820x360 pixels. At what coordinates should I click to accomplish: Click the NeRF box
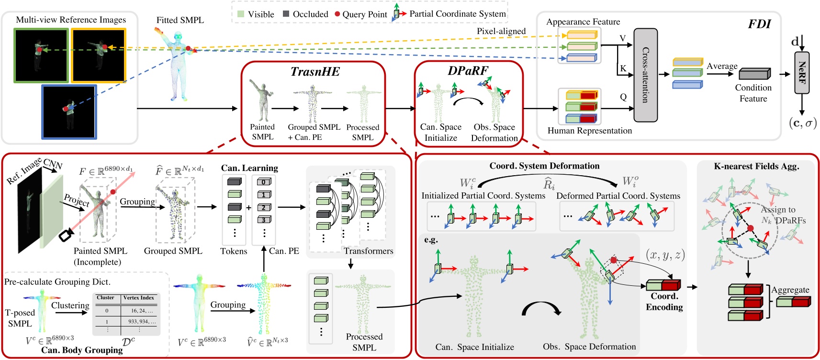802,73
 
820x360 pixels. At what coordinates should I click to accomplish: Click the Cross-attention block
645,75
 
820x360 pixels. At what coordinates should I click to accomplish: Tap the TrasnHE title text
315,72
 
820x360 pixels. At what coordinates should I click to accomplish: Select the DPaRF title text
468,71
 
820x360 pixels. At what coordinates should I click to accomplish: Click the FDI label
759,24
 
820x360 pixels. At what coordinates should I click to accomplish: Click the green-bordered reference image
41,56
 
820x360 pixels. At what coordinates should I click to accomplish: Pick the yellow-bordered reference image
99,56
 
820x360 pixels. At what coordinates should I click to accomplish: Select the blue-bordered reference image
69,112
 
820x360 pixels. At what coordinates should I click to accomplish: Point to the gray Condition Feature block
754,74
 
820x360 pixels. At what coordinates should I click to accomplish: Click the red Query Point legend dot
337,14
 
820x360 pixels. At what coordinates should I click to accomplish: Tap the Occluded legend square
286,14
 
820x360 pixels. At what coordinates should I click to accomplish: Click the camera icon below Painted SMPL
66,235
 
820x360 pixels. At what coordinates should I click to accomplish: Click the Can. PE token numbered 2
264,207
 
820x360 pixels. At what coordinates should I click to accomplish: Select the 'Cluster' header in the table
106,298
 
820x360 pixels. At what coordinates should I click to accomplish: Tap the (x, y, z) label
665,255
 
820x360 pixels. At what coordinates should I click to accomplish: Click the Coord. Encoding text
664,302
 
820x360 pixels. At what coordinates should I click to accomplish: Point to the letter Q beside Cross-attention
623,97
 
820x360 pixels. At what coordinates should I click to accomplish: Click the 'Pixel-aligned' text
501,31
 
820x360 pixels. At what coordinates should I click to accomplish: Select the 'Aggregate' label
790,290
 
